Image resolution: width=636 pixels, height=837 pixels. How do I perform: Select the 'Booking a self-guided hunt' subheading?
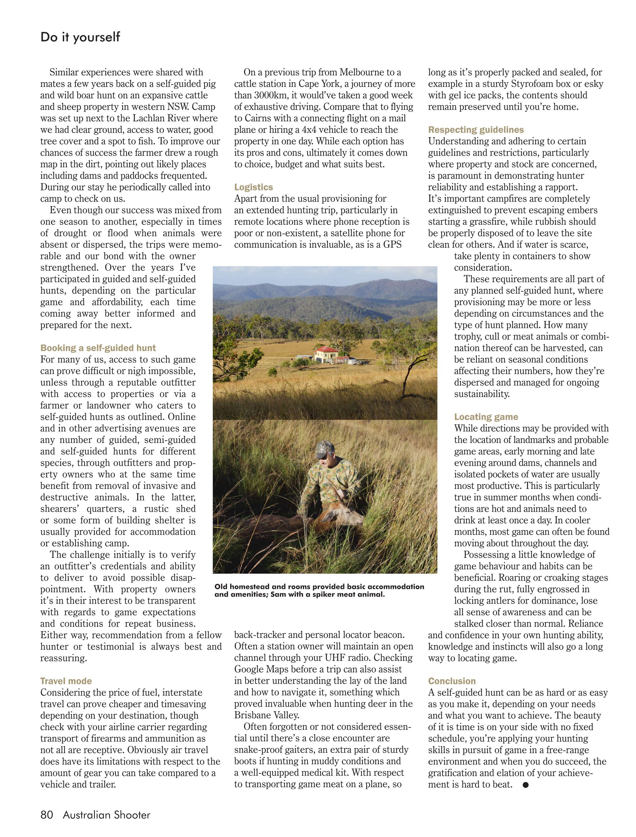click(x=98, y=348)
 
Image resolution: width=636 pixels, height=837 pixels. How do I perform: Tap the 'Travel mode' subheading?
click(x=66, y=681)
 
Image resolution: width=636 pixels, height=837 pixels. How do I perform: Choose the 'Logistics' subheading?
click(x=253, y=187)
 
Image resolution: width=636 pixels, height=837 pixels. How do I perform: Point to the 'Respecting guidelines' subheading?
click(x=476, y=130)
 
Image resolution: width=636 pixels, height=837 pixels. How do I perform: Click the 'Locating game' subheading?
click(x=486, y=417)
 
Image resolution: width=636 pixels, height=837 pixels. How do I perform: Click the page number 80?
click(x=47, y=815)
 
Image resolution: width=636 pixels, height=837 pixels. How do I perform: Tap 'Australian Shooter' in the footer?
click(x=107, y=815)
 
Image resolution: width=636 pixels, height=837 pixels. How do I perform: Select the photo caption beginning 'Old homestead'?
click(x=319, y=590)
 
